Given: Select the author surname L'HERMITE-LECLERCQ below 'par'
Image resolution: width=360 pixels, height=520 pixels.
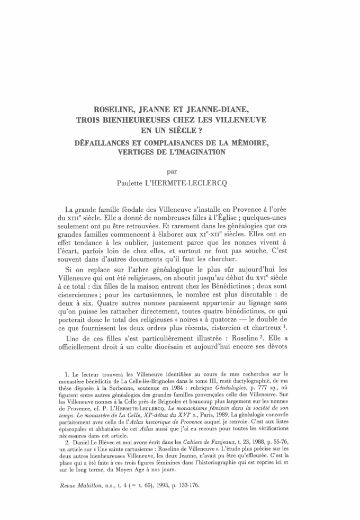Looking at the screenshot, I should coord(201,183).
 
